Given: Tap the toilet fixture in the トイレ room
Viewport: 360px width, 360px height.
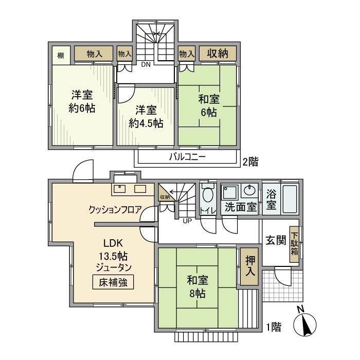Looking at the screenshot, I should pos(208,195).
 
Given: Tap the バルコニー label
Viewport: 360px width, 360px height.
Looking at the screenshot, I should pos(187,157).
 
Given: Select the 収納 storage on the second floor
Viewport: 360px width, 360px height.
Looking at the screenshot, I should pos(218,53).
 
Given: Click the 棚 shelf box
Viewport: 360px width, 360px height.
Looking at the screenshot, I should pos(60,55).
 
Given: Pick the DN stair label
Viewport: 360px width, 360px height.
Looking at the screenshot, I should pos(146,65).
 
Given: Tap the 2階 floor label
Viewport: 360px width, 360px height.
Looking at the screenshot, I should pos(250,161).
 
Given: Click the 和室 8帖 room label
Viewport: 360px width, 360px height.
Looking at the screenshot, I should pos(196,287).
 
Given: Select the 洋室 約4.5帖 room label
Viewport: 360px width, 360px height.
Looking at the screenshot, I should pos(146,116).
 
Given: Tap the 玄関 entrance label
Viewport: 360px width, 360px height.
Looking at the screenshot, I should pos(276,240).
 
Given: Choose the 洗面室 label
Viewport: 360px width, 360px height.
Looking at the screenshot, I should pos(241,207).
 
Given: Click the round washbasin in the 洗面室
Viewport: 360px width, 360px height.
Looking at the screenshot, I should pos(250,190).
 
